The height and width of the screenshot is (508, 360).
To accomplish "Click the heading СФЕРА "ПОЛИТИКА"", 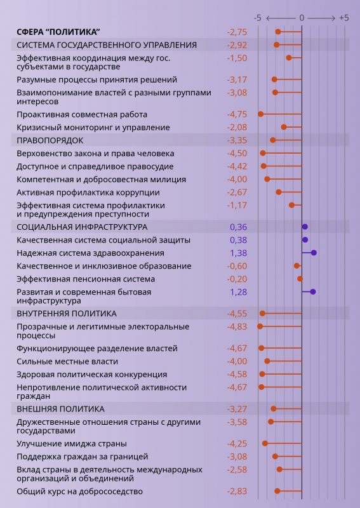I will click(x=58, y=32).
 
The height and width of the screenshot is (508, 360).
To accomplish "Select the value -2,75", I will click(x=237, y=32).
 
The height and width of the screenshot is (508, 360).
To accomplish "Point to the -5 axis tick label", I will click(x=257, y=18).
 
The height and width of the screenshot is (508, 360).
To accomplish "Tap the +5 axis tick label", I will click(x=343, y=18).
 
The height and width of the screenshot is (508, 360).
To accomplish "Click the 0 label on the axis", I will click(x=302, y=18).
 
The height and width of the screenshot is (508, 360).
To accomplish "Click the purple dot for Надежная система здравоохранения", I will click(x=314, y=253).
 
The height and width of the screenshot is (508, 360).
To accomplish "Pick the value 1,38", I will click(x=238, y=253).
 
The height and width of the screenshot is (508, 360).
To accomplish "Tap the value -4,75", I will click(x=237, y=114).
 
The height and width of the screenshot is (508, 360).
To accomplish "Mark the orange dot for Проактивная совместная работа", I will click(x=260, y=114).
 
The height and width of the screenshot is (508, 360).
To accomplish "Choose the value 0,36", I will click(x=238, y=227).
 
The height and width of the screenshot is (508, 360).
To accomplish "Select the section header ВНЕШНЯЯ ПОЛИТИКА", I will click(x=60, y=408).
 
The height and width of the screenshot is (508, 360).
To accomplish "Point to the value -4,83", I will click(x=237, y=326).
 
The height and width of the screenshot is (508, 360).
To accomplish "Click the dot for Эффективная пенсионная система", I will click(x=300, y=279).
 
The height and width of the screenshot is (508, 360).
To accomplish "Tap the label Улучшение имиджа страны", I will click(x=71, y=443).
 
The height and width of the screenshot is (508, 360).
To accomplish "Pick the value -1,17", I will click(x=237, y=205).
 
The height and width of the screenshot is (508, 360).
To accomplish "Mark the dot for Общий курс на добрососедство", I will click(x=277, y=491).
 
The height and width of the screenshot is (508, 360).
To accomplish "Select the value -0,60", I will click(x=237, y=265).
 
